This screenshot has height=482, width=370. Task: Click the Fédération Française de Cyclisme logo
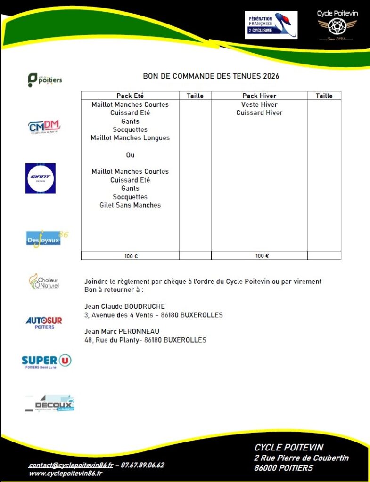coord(271,25)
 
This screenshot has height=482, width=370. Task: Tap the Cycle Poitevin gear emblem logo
coord(337,26)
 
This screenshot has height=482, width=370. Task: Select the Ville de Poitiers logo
coord(45,80)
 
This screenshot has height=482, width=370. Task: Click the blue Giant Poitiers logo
coord(41,178)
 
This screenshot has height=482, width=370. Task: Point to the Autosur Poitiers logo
coord(44,322)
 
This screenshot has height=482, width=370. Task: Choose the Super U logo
coord(46,361)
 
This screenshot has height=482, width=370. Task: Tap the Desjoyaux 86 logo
coord(46,238)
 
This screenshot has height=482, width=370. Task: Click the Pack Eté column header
coord(130,96)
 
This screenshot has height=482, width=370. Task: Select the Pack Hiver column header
coord(259,96)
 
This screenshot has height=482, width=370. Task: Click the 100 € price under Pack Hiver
coord(263,256)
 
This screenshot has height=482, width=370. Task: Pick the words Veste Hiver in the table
coord(259,104)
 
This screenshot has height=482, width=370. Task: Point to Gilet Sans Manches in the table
coord(130,205)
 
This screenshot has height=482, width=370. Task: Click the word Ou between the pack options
coord(130,155)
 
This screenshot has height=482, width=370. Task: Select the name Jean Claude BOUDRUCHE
coord(124,306)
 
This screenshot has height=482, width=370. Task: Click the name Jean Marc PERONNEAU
coord(122,331)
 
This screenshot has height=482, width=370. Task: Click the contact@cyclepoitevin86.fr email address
coord(71,465)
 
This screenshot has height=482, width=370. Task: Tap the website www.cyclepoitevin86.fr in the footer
coord(66,473)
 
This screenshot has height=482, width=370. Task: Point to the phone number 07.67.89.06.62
coord(142,465)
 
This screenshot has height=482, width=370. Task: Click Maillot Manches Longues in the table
coord(130,138)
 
